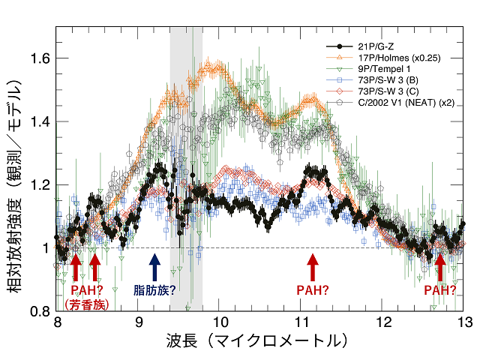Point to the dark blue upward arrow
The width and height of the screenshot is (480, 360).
coord(154,267)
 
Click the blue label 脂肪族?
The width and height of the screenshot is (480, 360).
coord(154,289)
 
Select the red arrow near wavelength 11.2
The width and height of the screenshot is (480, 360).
coord(313,267)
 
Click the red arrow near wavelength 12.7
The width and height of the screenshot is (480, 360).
coord(440,267)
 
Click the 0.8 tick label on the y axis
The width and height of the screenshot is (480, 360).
coord(40,310)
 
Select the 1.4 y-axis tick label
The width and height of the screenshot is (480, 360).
coord(40,121)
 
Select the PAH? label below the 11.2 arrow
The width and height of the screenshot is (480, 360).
coord(313,289)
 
